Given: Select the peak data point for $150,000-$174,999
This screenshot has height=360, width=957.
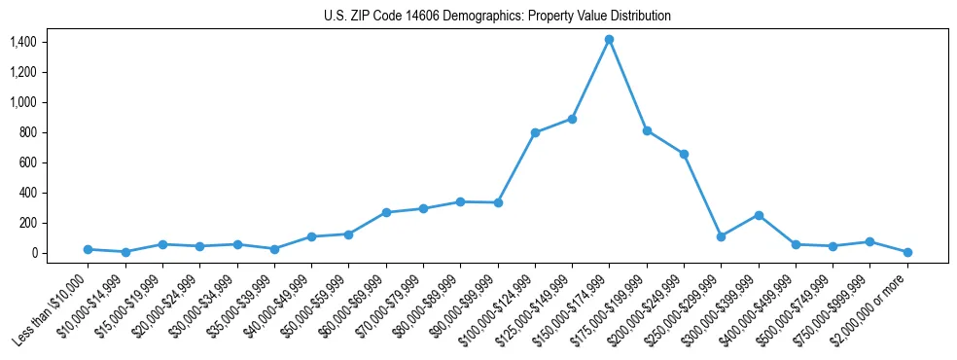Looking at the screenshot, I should pyautogui.click(x=609, y=40).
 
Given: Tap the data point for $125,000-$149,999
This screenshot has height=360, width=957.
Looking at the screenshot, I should pyautogui.click(x=572, y=119).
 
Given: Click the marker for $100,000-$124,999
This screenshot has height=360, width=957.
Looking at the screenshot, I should pyautogui.click(x=535, y=132).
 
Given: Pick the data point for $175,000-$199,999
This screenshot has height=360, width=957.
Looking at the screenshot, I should pyautogui.click(x=647, y=130).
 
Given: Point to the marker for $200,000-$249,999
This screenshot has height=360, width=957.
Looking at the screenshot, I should pyautogui.click(x=684, y=154).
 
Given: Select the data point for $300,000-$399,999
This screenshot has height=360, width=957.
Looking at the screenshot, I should pyautogui.click(x=759, y=215).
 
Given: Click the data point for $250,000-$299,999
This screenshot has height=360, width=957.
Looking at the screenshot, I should pyautogui.click(x=721, y=236).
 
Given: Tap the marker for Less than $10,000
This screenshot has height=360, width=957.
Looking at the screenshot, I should pyautogui.click(x=88, y=249).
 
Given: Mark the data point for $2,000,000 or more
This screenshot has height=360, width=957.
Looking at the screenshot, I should pyautogui.click(x=907, y=252).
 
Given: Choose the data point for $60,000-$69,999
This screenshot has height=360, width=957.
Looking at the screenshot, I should pyautogui.click(x=386, y=212).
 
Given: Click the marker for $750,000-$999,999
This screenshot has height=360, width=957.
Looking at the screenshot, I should pyautogui.click(x=869, y=241).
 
